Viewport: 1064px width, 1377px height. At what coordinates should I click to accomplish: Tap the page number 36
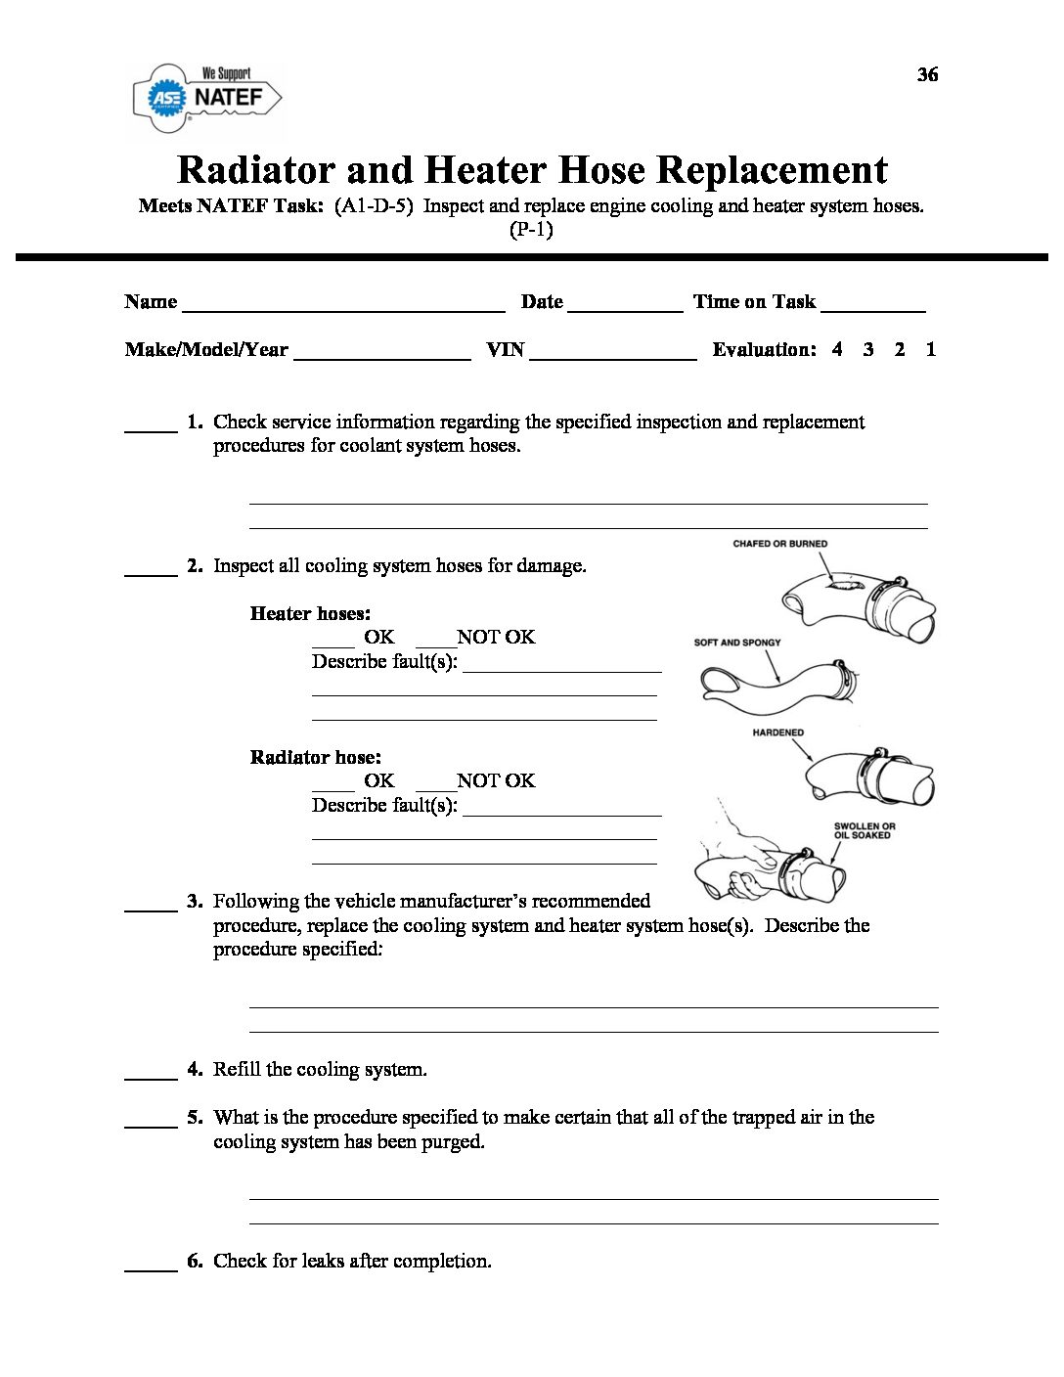[927, 75]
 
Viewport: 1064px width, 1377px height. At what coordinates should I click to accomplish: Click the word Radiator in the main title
[256, 170]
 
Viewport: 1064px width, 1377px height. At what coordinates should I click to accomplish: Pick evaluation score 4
[837, 349]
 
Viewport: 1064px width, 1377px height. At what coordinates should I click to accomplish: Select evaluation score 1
[931, 349]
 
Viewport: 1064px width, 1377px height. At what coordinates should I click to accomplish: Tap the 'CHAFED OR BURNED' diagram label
[779, 544]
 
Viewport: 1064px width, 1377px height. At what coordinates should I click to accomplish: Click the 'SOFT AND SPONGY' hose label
[737, 643]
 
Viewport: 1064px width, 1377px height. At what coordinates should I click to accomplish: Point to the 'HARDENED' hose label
[778, 733]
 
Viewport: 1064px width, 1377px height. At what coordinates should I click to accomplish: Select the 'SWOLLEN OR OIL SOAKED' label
[864, 831]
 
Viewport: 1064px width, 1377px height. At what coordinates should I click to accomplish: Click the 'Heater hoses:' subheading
[310, 614]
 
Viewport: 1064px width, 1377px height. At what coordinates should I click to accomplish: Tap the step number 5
[195, 1118]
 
